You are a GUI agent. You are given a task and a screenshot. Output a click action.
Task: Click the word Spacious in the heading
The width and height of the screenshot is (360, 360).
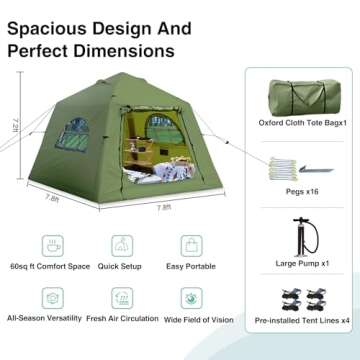tap(48, 22)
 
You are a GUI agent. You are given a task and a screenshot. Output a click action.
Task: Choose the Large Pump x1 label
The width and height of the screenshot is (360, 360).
tap(301, 264)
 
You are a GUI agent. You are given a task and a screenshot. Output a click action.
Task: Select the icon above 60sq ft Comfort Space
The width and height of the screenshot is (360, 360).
tap(49, 243)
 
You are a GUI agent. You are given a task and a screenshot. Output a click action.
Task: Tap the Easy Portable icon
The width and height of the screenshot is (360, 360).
tap(190, 243)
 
